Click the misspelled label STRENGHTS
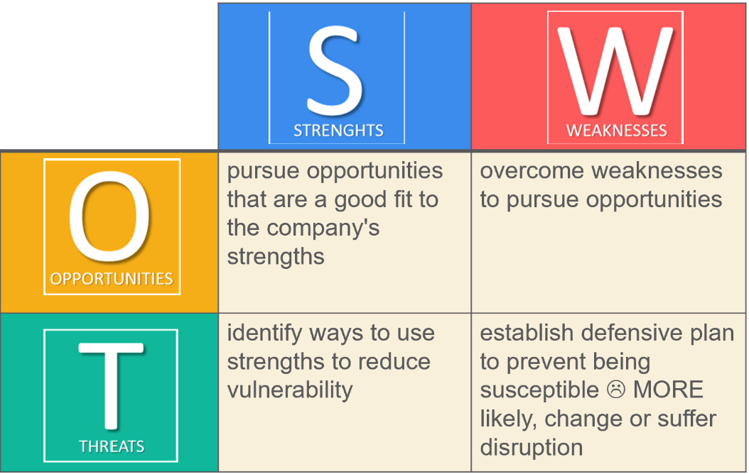pos(338,131)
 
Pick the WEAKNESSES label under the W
pos(616,131)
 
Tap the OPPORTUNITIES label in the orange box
pos(112,279)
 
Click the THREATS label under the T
pos(112,447)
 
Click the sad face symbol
pos(615,390)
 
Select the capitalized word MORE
pos(668,390)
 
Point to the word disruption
pos(531,447)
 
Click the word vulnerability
pos(290,390)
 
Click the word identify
pos(264,333)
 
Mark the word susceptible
pos(539,390)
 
